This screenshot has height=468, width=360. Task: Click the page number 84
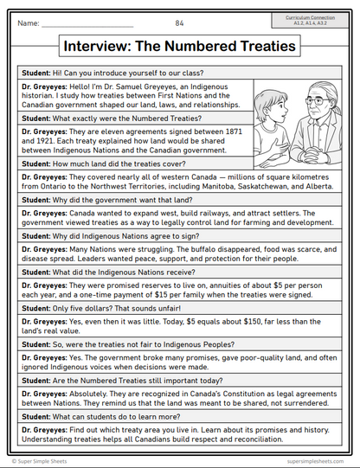(180, 22)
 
